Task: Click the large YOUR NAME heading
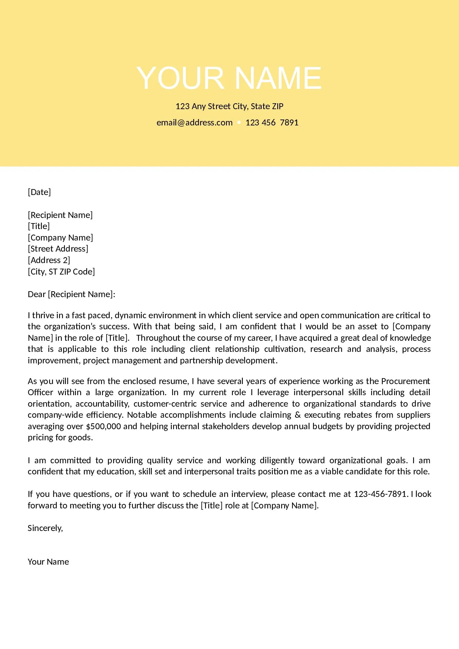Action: pyautogui.click(x=229, y=78)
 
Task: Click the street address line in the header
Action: pyautogui.click(x=229, y=107)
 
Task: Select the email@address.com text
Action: pyautogui.click(x=194, y=123)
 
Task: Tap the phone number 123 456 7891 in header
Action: pyautogui.click(x=272, y=123)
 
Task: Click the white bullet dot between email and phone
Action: pyautogui.click(x=239, y=122)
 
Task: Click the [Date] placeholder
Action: pyautogui.click(x=39, y=192)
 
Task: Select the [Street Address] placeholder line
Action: pyautogui.click(x=58, y=249)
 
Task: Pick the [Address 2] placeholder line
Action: pyautogui.click(x=49, y=260)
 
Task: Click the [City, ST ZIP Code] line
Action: pyautogui.click(x=61, y=272)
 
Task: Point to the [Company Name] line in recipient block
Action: pyautogui.click(x=60, y=238)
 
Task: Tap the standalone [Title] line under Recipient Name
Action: pyautogui.click(x=39, y=226)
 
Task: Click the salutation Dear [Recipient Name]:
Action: pyautogui.click(x=71, y=294)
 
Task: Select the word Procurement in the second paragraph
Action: pyautogui.click(x=405, y=381)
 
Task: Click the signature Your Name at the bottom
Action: pyautogui.click(x=48, y=562)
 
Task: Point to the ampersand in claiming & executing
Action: pyautogui.click(x=298, y=415)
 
